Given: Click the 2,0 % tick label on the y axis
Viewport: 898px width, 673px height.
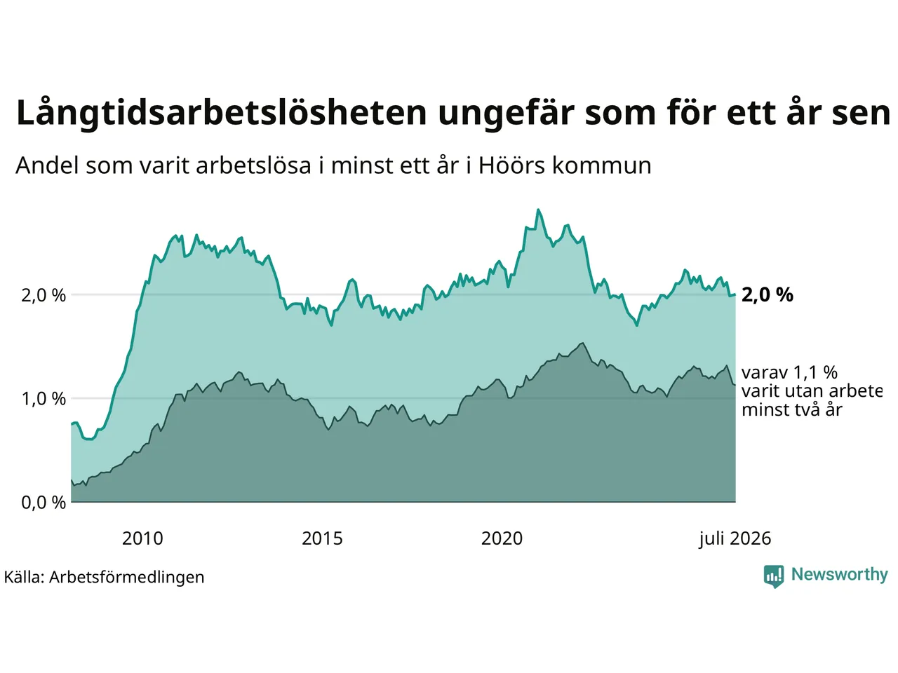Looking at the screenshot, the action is coord(43,295).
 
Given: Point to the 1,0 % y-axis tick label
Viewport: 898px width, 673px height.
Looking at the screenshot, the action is coord(43,399).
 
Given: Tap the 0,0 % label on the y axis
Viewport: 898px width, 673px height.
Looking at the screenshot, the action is coord(43,503).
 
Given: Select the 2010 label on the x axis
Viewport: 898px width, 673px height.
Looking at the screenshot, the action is coord(142,538).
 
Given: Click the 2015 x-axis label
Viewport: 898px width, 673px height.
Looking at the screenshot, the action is coord(322,538).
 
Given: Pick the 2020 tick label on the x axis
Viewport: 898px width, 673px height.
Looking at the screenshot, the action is coord(502,538).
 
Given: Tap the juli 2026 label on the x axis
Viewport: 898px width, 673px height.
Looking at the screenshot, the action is coord(735,539).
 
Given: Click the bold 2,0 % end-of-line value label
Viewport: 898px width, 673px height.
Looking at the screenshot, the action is coord(767,294).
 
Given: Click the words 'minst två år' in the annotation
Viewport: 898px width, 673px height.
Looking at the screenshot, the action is coord(792,410).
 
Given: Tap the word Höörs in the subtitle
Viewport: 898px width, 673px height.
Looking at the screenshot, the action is coord(511,165).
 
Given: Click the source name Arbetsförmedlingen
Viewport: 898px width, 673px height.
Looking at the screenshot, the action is coord(126,578).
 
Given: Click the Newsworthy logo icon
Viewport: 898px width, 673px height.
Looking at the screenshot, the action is coord(774,576).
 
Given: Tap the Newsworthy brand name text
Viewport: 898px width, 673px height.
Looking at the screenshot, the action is coord(839,575).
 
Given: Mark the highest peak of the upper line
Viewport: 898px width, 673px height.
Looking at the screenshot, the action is coord(538,210).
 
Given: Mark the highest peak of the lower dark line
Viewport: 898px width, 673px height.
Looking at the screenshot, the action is coord(582,344).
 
